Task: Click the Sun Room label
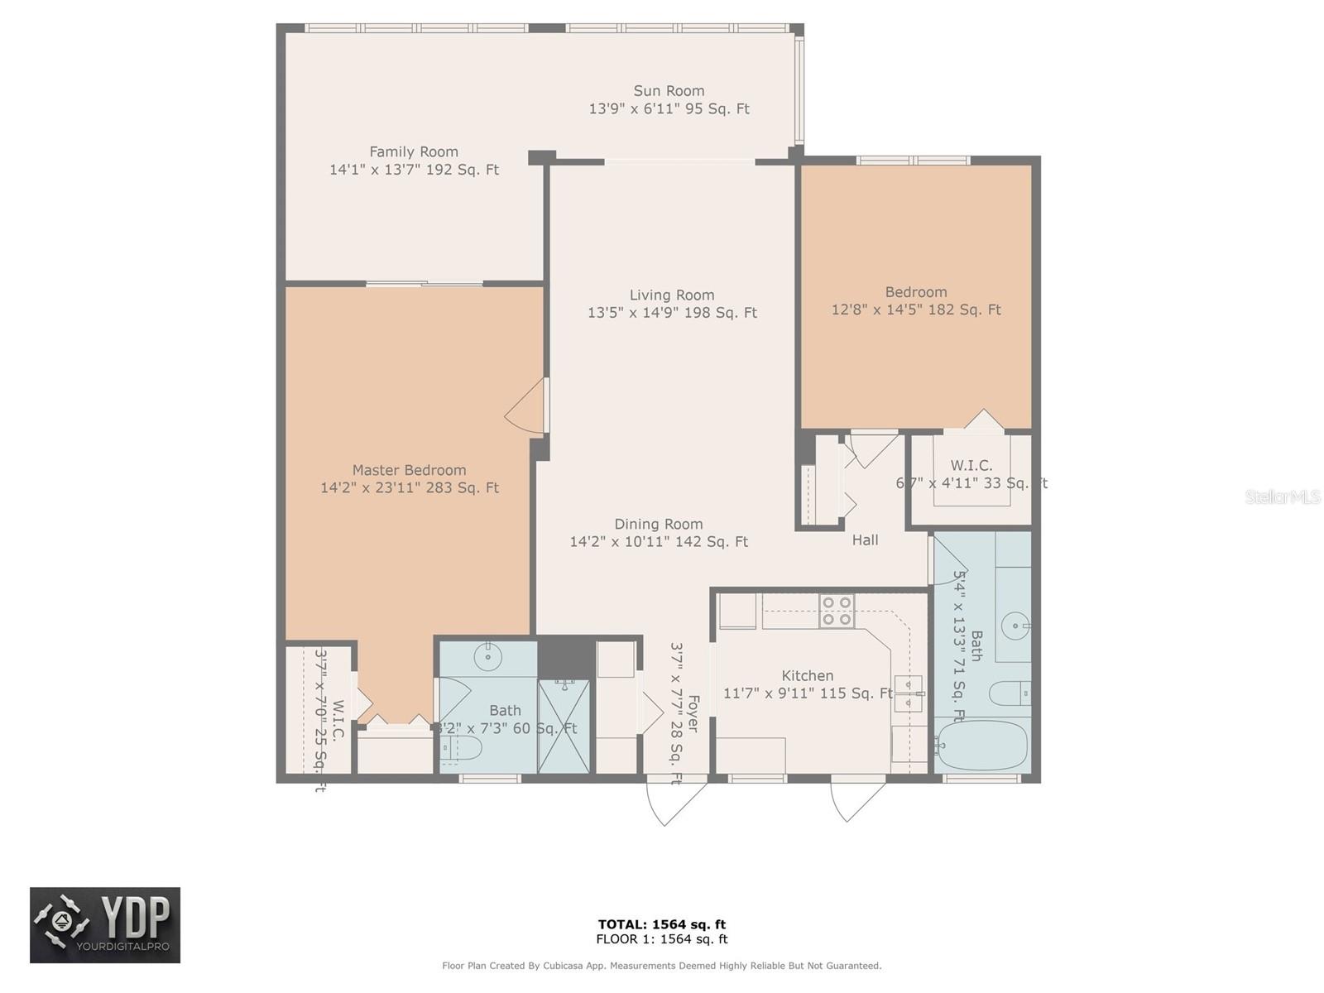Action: coord(669,91)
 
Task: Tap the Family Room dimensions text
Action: coord(414,170)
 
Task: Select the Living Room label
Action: coord(671,295)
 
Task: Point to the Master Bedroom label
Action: coord(409,470)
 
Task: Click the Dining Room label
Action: coord(658,524)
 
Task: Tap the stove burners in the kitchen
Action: coord(836,611)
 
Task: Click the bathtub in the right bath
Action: coord(982,745)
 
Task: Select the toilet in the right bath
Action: coord(1009,692)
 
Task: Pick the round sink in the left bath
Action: coord(488,658)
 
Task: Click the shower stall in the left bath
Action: coord(564,727)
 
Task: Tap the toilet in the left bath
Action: coord(460,750)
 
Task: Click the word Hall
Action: coord(865,540)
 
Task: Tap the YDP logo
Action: coord(105,925)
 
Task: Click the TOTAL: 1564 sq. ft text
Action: coord(661,924)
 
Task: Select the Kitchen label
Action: coord(807,675)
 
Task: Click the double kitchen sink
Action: coord(908,693)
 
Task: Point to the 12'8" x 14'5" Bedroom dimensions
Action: coord(915,309)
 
